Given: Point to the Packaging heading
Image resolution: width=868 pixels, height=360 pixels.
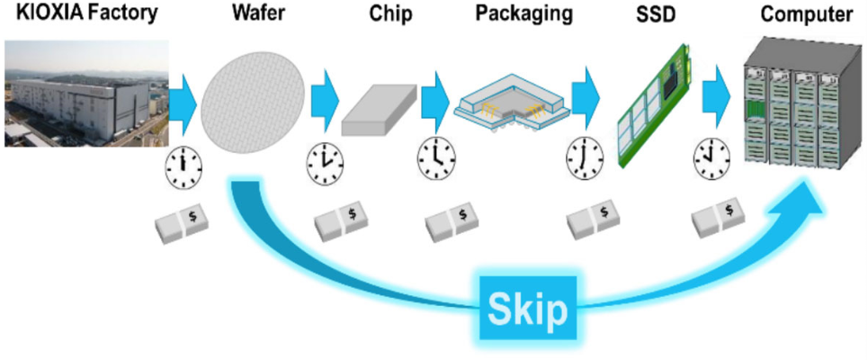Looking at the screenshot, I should click(x=523, y=15).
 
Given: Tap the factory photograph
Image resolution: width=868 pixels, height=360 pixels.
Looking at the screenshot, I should click(x=84, y=95).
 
